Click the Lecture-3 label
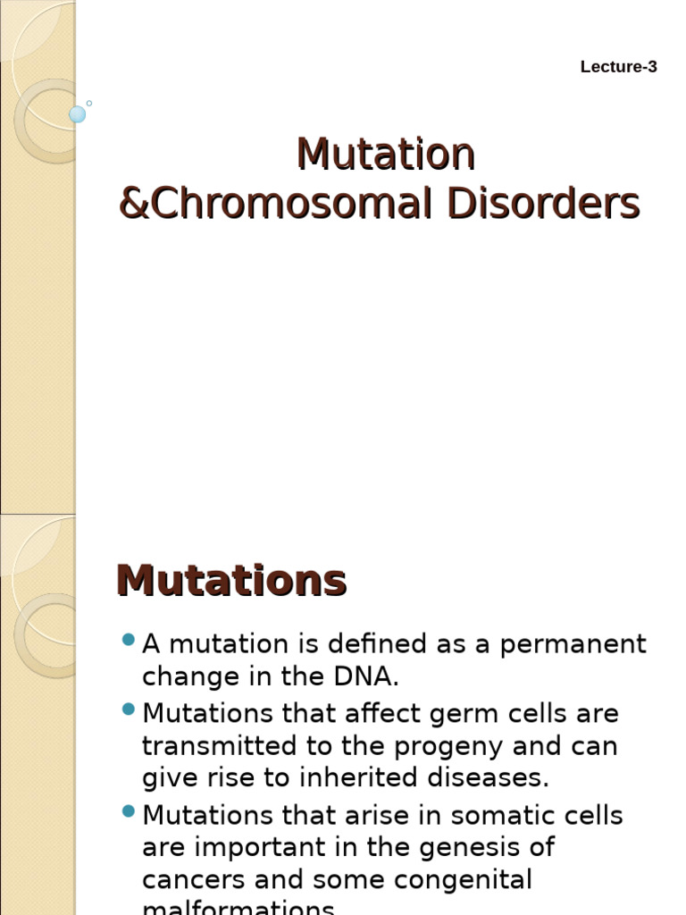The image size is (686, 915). (618, 67)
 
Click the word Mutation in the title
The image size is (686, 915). (385, 155)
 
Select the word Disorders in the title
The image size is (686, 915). (543, 204)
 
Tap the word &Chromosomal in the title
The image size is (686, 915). (278, 204)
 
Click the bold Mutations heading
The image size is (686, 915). (231, 581)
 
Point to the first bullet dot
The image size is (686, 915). (128, 640)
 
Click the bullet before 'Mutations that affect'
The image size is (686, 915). (128, 709)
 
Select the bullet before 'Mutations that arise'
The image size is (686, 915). (128, 811)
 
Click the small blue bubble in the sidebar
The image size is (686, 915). (78, 114)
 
